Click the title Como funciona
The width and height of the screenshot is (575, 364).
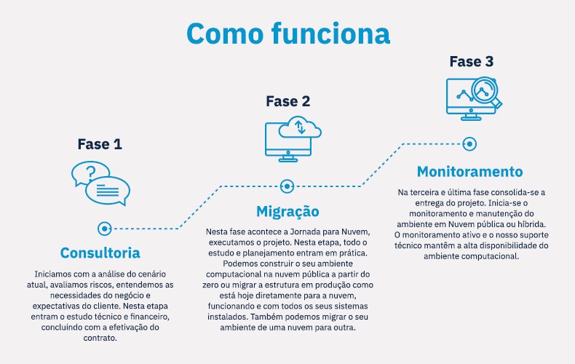pos(288,33)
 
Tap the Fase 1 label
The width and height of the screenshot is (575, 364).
pos(100,144)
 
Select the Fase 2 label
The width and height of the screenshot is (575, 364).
pos(288,101)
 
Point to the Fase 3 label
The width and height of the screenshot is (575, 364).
pos(472,62)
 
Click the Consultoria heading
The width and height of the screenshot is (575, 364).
pos(100,253)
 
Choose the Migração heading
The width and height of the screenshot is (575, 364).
pos(288,212)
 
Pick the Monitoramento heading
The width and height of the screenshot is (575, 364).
pos(469,171)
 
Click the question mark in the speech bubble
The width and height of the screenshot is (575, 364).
pos(90,172)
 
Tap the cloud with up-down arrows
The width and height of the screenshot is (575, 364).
pos(300,127)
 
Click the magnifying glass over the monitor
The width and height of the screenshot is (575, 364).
pos(486,92)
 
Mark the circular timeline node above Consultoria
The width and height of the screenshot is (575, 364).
pos(105,229)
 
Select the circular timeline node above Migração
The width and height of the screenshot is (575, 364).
pos(287,186)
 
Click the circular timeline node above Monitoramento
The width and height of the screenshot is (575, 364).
pos(469,144)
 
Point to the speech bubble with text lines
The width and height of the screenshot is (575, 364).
pos(108,191)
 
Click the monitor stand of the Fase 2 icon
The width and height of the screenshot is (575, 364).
pos(288,159)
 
